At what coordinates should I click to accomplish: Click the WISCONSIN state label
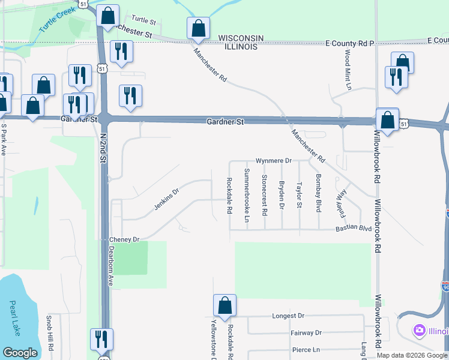241,38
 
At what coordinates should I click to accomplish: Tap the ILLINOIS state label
241,46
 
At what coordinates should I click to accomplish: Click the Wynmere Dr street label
273,161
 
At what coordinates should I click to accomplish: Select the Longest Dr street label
289,316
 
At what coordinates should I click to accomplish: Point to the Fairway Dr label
306,332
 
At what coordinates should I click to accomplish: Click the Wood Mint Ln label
348,70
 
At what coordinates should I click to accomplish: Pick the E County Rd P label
349,44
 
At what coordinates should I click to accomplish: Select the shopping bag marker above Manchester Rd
198,28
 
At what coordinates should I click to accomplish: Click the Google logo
20,353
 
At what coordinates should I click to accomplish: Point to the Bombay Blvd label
319,193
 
